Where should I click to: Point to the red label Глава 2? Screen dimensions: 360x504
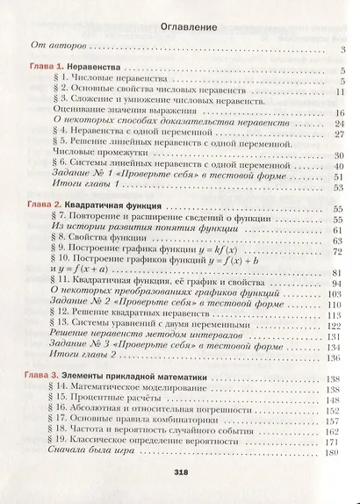tap(37, 204)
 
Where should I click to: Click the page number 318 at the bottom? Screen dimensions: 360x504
tap(179, 472)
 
